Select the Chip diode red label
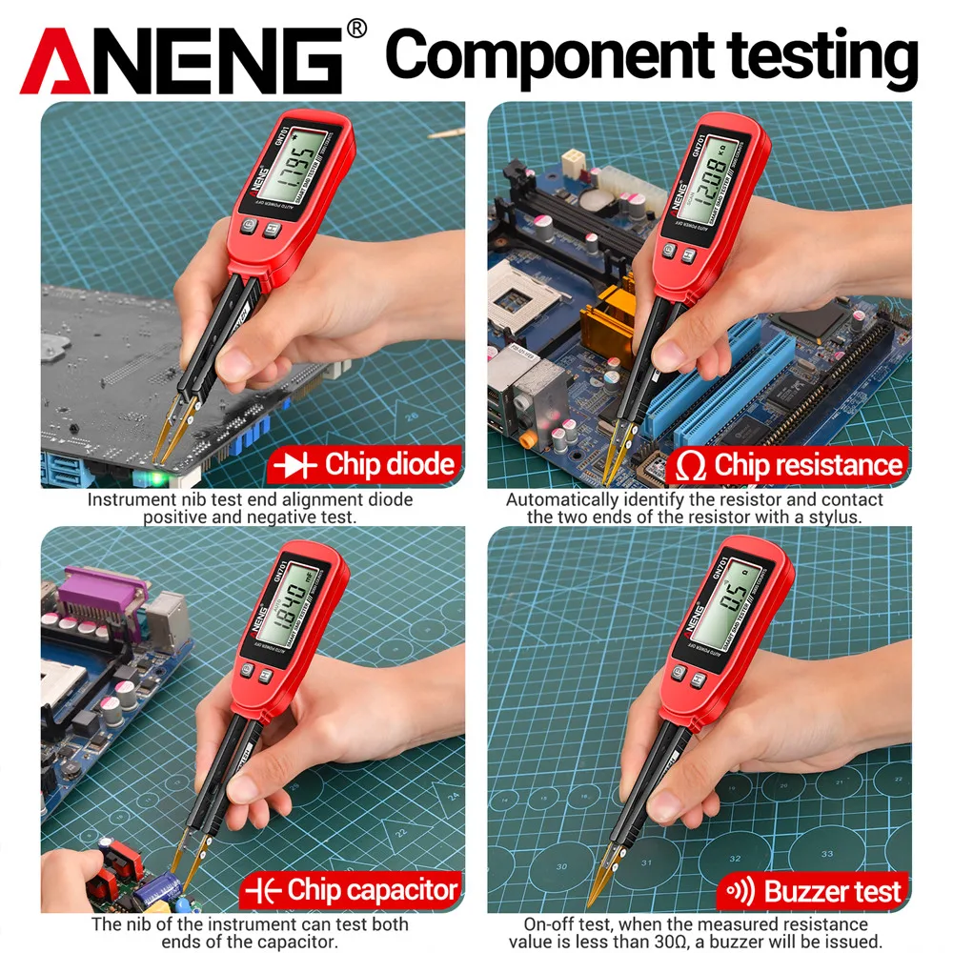pos(366,465)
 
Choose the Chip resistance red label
pos(790,465)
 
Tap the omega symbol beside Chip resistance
pos(691,466)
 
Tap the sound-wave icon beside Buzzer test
pos(740,891)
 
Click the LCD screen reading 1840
pos(287,607)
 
